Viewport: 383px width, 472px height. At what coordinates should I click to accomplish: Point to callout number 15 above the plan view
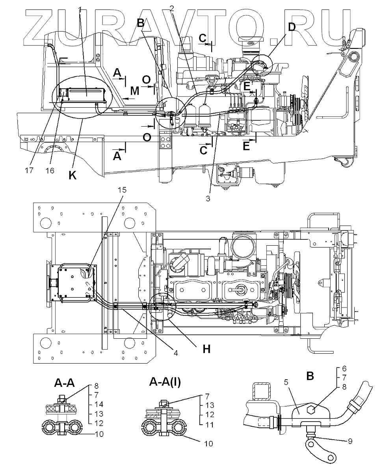[122, 190]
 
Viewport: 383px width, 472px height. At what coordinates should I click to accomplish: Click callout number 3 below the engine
[208, 198]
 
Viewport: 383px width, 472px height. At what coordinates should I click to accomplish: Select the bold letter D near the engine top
[291, 28]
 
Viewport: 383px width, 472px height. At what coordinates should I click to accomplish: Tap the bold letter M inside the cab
[134, 91]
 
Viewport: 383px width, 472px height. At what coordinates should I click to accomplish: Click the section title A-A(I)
[165, 382]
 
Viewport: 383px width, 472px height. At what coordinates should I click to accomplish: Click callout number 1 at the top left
[80, 9]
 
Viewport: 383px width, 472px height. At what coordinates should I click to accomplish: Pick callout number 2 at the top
[172, 8]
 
